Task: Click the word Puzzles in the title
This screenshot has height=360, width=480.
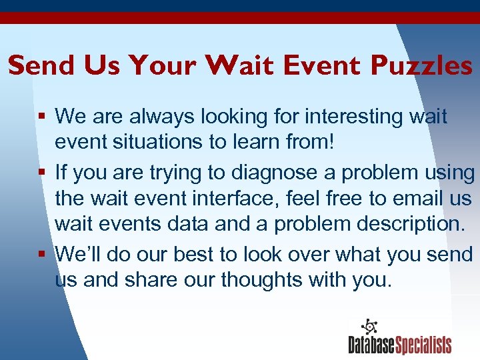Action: pyautogui.click(x=421, y=65)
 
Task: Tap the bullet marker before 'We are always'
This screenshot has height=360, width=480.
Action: pyautogui.click(x=43, y=117)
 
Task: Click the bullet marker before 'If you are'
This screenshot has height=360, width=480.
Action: pyautogui.click(x=43, y=173)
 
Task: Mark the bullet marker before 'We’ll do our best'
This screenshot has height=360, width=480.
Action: pyautogui.click(x=43, y=255)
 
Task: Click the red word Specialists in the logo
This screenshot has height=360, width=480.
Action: pyautogui.click(x=424, y=345)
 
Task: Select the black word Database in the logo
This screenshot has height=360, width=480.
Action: pyautogui.click(x=372, y=345)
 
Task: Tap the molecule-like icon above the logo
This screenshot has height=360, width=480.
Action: pyautogui.click(x=369, y=327)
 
